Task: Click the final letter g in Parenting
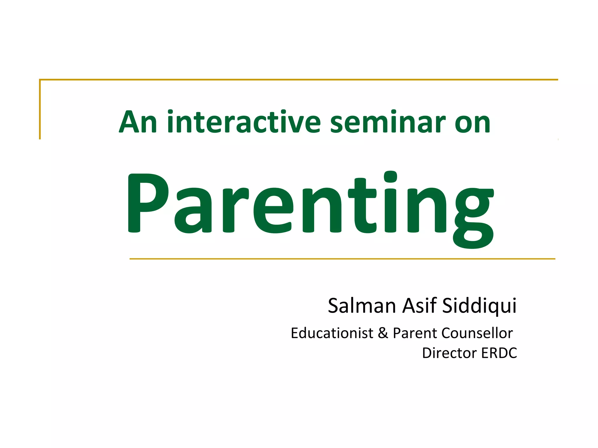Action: click(x=473, y=217)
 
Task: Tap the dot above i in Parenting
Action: click(x=390, y=177)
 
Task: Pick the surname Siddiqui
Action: click(x=479, y=306)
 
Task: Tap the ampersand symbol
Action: click(x=383, y=333)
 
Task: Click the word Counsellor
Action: click(x=477, y=333)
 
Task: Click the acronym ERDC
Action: click(x=499, y=353)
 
